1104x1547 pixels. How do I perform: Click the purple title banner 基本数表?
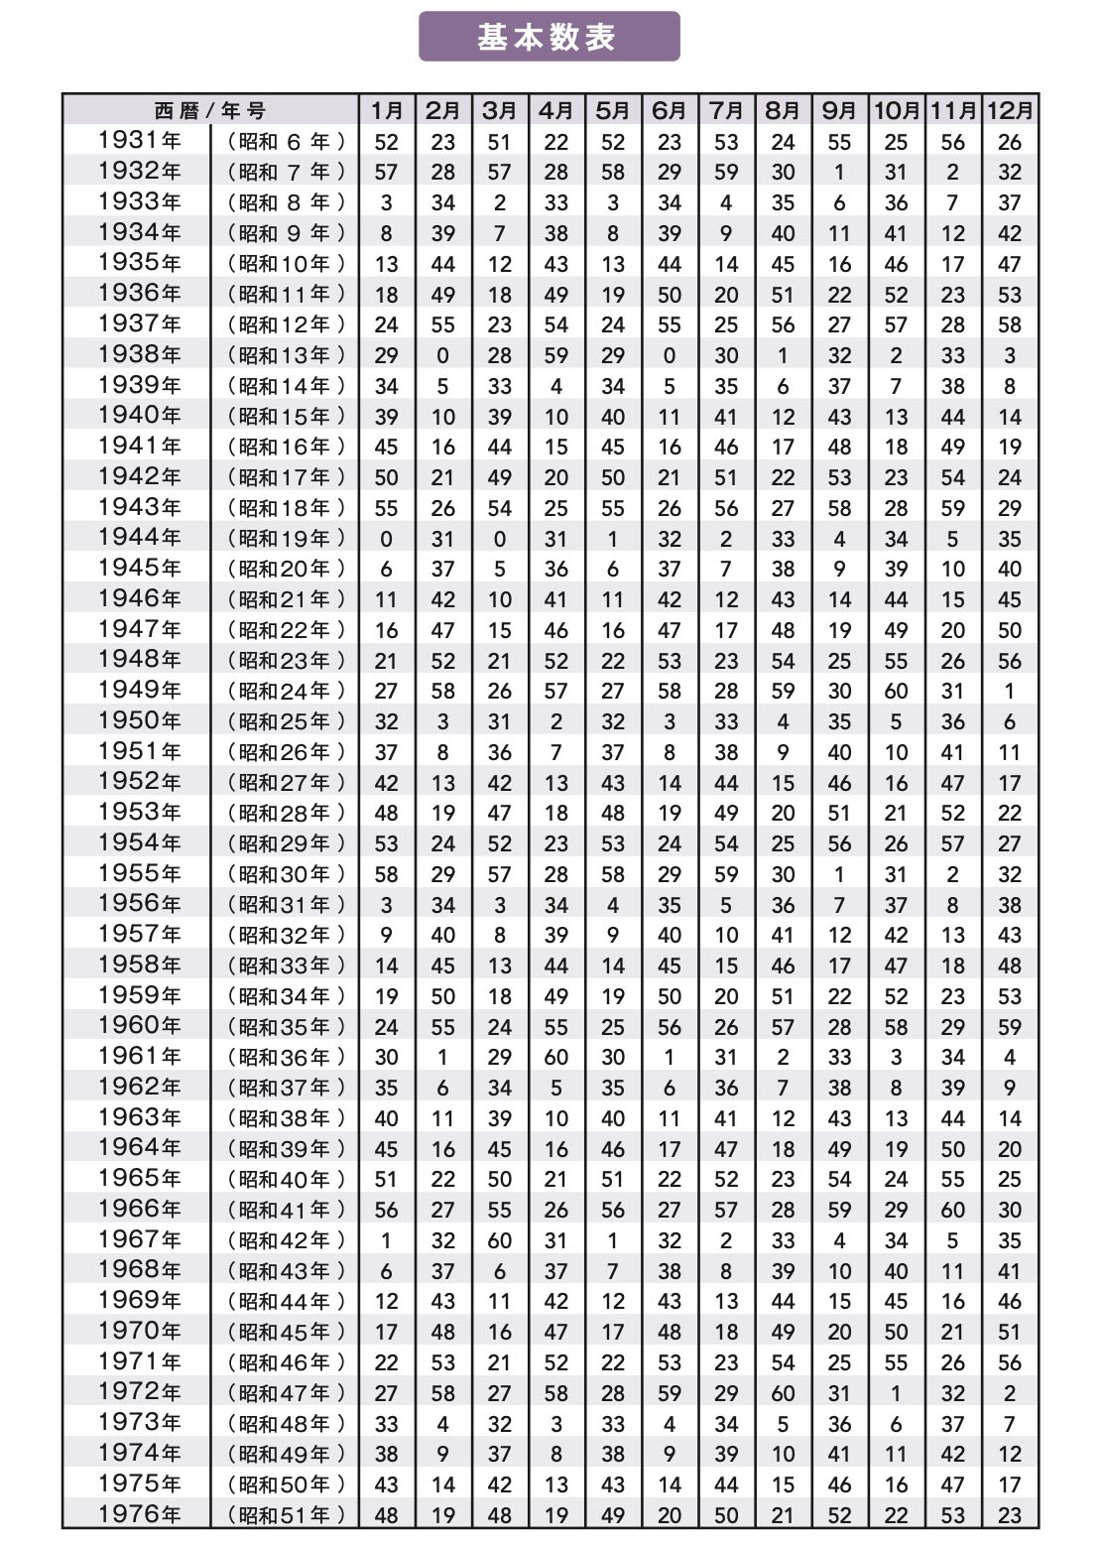(549, 37)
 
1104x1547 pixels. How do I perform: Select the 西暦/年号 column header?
(209, 110)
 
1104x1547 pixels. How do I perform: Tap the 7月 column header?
(726, 110)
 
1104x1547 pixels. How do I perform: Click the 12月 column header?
(1010, 110)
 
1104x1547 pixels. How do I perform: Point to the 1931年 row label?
(139, 141)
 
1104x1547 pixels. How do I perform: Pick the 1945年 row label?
(139, 569)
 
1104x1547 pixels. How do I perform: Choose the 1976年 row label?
(139, 1514)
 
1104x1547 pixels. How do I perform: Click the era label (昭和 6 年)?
(287, 142)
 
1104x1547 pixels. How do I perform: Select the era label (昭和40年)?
(287, 1180)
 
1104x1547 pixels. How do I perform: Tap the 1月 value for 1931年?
(386, 142)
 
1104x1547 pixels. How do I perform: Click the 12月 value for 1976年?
(1010, 1515)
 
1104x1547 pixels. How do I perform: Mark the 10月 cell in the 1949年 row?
(896, 692)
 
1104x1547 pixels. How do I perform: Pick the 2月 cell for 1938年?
(442, 355)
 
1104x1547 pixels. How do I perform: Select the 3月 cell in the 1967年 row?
(500, 1240)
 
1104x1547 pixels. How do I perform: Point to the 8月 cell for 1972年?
(783, 1393)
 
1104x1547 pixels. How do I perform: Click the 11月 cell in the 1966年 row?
(953, 1210)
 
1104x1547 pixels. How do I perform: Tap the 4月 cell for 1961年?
(556, 1058)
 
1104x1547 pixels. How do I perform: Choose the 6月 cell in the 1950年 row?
(670, 721)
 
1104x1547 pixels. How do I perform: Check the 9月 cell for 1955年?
(839, 874)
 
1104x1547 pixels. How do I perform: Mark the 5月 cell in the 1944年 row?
(613, 539)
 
